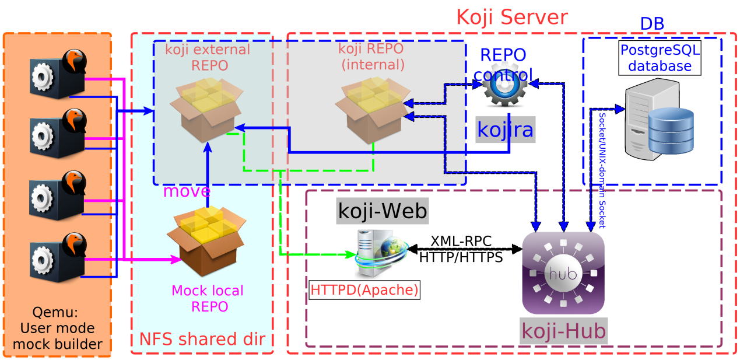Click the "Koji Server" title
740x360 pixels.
pos(511,17)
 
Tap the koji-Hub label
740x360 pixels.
pos(563,331)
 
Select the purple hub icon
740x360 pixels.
pos(563,272)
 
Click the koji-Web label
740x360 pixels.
pos(383,211)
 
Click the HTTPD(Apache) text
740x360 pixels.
pos(364,290)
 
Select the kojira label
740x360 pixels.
pos(505,129)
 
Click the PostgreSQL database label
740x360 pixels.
pos(660,58)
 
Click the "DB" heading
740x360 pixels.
pos(652,24)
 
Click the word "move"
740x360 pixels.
pos(187,191)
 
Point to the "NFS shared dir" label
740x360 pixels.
pos(202,339)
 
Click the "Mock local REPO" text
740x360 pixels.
pos(208,298)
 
